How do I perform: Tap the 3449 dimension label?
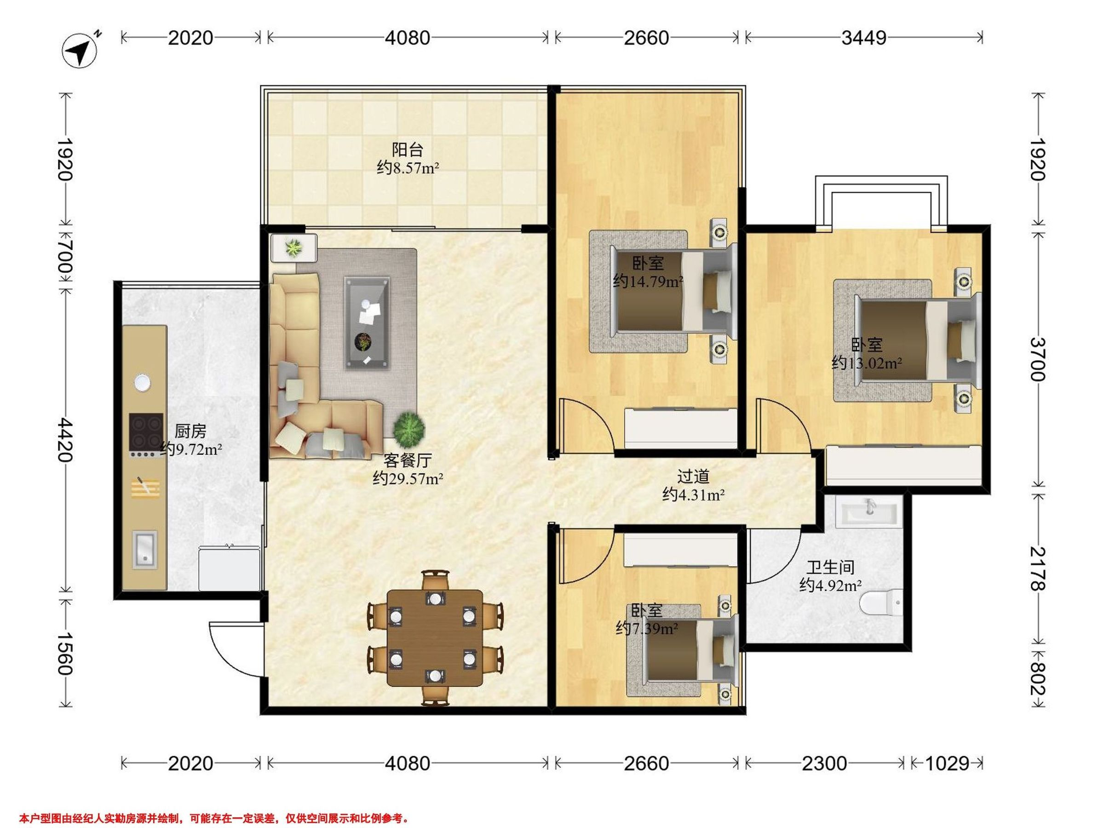[864, 38]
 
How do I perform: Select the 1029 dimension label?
[947, 763]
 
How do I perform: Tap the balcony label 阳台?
[408, 149]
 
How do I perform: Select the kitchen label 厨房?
[190, 431]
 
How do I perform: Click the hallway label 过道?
[693, 477]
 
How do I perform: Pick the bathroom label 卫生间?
[830, 568]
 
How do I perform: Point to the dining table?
[435, 639]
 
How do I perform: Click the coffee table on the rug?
[367, 324]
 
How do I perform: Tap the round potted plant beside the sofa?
[409, 429]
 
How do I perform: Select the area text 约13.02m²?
[867, 363]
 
